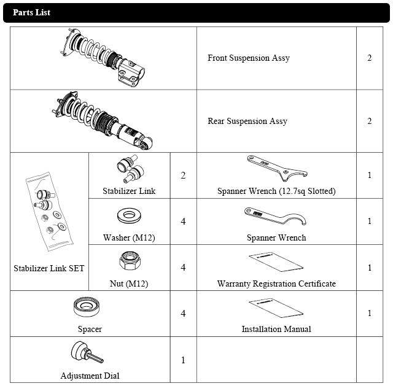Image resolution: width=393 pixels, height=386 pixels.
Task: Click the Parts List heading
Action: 31,12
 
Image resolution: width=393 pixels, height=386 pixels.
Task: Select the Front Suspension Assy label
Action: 248,58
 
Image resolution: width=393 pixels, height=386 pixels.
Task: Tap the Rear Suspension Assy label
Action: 247,122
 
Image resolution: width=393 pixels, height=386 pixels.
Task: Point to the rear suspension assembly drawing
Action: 102,120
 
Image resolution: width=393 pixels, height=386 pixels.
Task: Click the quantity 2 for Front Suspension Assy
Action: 370,58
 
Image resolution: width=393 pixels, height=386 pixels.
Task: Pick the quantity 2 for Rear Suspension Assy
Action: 370,122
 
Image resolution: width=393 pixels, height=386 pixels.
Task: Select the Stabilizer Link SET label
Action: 49,268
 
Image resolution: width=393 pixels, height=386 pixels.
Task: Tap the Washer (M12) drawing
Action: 130,217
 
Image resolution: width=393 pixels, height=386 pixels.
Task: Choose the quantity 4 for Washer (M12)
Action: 183,221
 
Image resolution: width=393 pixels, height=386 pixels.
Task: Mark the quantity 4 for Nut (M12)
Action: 183,268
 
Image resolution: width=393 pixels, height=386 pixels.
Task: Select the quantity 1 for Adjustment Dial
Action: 183,360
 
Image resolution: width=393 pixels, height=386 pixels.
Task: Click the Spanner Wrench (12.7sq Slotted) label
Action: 276,191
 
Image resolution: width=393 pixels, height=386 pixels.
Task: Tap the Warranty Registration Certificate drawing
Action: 276,261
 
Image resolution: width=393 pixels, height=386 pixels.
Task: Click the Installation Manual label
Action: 276,329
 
